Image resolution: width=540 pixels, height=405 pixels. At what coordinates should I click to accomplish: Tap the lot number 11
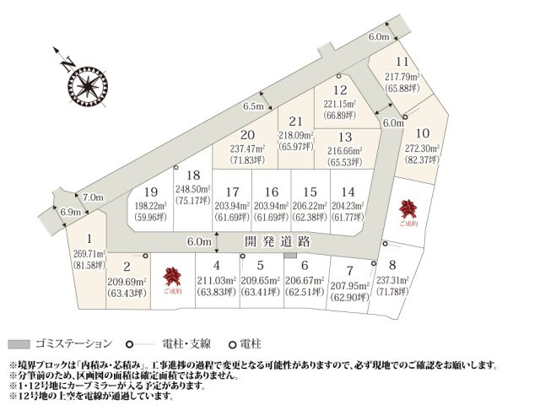(x=402, y=62)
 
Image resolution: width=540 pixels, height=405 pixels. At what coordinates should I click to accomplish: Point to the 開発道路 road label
(x=278, y=241)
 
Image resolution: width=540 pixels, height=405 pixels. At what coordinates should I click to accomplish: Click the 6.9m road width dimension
(x=71, y=212)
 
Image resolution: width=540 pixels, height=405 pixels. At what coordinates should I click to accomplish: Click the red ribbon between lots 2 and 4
(x=173, y=276)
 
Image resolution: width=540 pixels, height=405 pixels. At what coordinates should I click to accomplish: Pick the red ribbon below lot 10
(x=409, y=208)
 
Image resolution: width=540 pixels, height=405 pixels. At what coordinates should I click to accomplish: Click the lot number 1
(x=89, y=239)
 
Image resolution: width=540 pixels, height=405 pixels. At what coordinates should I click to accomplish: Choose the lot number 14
(x=349, y=192)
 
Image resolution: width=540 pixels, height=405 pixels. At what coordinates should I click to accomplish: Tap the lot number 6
(x=292, y=265)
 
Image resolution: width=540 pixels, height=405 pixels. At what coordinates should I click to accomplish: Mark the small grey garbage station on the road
(x=290, y=253)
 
